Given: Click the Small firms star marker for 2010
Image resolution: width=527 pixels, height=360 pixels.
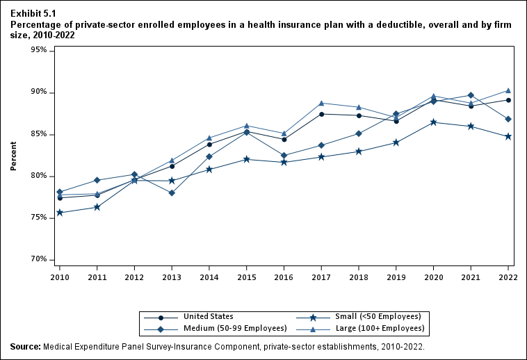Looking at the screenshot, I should tap(60, 213).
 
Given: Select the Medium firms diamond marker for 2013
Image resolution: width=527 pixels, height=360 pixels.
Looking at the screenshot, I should tap(172, 193).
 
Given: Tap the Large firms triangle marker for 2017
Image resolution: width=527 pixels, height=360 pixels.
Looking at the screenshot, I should tap(321, 103).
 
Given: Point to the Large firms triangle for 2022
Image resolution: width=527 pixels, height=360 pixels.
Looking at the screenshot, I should tap(508, 90).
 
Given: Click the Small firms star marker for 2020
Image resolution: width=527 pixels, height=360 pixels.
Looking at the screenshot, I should tap(434, 122).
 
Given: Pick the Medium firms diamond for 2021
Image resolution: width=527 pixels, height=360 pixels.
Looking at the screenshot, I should tap(471, 95).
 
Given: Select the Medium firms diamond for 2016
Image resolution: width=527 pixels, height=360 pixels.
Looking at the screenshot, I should tap(284, 156).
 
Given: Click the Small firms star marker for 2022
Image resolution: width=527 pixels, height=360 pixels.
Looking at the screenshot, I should tap(508, 136).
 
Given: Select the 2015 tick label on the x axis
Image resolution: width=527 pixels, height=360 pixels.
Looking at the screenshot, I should tap(247, 277).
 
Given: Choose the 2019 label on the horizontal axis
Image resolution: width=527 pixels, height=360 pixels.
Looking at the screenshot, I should tap(396, 277).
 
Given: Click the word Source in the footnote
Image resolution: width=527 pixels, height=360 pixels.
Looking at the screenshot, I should tap(25, 345).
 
